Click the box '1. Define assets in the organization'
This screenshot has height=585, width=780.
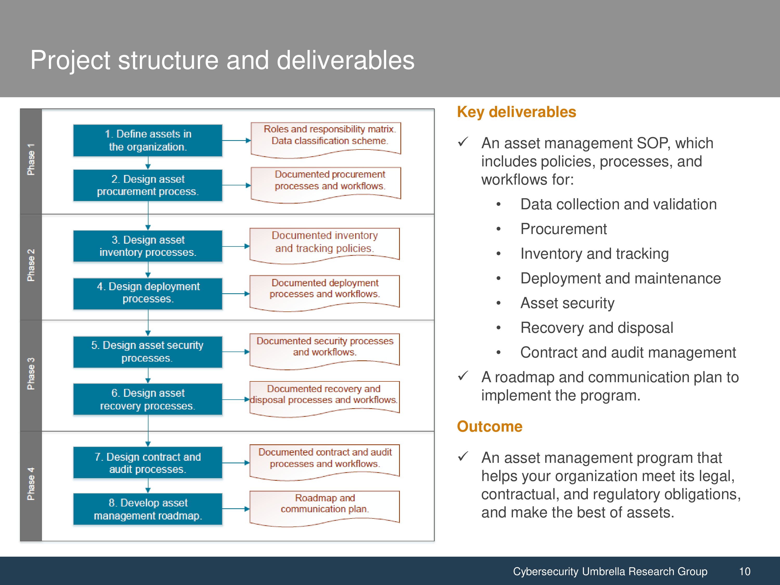[148, 140]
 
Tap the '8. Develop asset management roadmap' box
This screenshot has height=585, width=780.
[148, 509]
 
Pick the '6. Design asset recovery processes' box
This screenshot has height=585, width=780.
[148, 399]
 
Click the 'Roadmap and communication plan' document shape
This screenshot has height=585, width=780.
[324, 508]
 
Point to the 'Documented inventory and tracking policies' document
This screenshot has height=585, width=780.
[324, 245]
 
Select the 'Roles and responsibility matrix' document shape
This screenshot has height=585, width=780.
[326, 140]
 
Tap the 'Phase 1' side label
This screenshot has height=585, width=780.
[31, 159]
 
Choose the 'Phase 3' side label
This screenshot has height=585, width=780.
[31, 374]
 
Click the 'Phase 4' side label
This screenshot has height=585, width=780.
[31, 484]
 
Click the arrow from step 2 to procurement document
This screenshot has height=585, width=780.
[237, 185]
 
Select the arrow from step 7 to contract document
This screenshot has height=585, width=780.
[236, 463]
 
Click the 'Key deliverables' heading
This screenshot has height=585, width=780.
[517, 112]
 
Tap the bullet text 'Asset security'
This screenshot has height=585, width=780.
[567, 303]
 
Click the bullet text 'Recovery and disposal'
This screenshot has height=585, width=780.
[597, 328]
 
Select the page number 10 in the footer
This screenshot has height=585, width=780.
[745, 571]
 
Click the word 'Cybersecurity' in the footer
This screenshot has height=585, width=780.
[545, 571]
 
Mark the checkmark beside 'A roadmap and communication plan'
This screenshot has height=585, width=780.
[463, 376]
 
